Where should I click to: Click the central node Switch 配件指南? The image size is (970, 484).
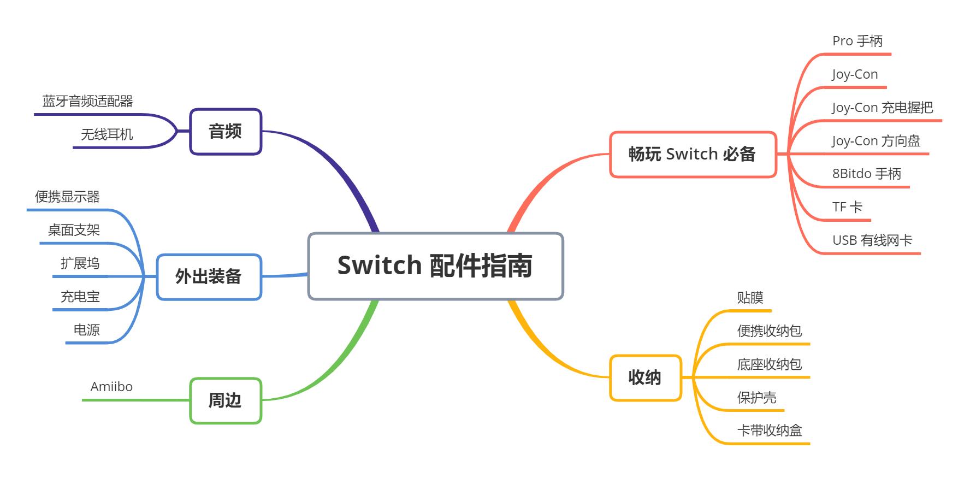click(435, 266)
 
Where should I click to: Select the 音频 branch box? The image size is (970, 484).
click(226, 132)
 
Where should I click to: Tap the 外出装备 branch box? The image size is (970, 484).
click(209, 277)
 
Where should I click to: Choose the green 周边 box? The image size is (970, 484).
click(225, 400)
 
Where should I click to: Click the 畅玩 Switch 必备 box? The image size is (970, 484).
click(692, 155)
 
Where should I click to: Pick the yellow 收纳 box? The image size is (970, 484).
click(645, 377)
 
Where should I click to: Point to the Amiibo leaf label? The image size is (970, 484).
click(111, 387)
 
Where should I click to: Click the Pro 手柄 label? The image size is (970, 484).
click(857, 41)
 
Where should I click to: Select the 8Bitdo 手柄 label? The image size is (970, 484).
click(866, 174)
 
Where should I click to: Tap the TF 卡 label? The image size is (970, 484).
click(847, 207)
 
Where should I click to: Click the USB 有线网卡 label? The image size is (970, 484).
click(872, 240)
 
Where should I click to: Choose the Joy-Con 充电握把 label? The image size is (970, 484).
click(882, 108)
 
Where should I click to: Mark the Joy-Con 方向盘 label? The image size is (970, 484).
click(876, 141)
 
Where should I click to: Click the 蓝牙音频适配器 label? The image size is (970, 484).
click(88, 101)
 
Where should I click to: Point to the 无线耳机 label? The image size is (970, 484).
click(107, 134)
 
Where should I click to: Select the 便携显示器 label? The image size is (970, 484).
click(68, 197)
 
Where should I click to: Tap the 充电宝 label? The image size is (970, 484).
click(80, 297)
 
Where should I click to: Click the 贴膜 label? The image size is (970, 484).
click(750, 298)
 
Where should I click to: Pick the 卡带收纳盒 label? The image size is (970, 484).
click(769, 430)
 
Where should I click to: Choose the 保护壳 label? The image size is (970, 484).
click(756, 397)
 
